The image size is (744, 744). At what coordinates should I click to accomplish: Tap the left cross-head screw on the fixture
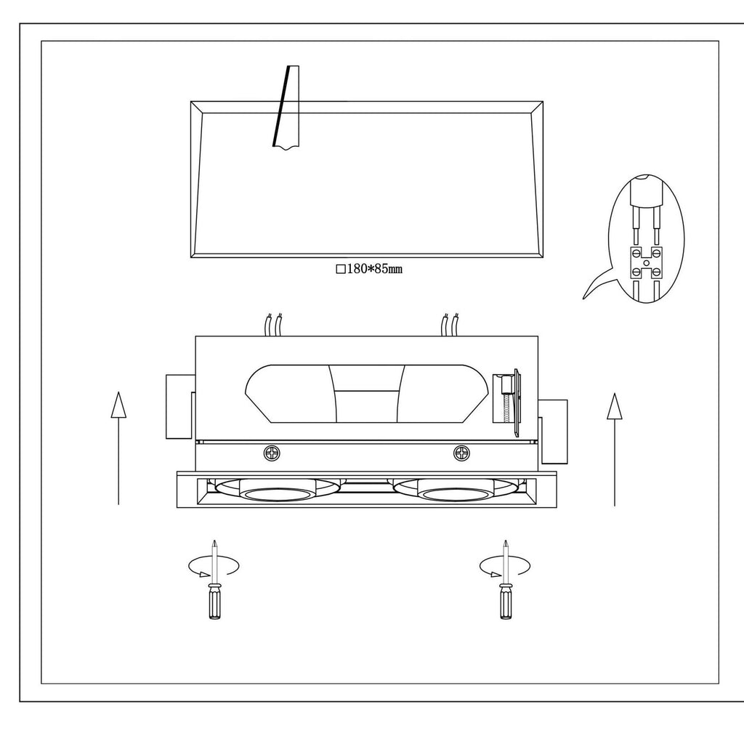[x=272, y=453]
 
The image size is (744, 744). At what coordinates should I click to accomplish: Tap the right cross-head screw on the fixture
[x=461, y=453]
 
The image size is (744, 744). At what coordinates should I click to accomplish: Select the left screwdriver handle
[x=214, y=602]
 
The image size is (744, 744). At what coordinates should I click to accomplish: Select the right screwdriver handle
[x=506, y=602]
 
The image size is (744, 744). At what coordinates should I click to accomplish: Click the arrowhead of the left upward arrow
[x=118, y=405]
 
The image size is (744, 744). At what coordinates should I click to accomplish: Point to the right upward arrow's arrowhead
[x=615, y=406]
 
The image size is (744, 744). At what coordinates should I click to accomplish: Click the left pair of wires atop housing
[x=274, y=325]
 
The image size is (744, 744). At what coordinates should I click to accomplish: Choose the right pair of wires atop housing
[x=450, y=325]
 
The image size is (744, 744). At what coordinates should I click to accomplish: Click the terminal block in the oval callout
[x=646, y=263]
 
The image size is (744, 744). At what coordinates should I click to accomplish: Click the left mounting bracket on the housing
[x=180, y=407]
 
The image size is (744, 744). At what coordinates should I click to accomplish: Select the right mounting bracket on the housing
[x=553, y=432]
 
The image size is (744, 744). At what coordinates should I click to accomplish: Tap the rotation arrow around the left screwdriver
[x=214, y=567]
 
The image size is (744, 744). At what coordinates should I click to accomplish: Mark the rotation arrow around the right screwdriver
[x=504, y=567]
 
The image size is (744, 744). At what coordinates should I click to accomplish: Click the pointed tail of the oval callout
[x=583, y=298]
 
